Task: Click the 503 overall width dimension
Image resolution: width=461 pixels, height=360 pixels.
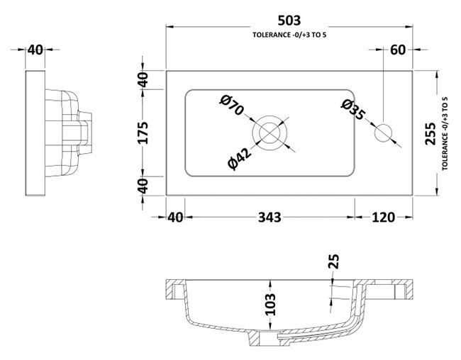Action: point(289,21)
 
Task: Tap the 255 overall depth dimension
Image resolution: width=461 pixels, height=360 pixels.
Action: point(431,134)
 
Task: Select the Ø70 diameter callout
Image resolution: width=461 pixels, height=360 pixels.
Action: point(232,105)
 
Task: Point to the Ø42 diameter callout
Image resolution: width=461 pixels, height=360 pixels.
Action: point(240,159)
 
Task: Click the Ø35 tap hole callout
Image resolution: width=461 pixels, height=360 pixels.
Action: point(353,110)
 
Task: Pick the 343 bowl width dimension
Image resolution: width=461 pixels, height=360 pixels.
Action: point(270,218)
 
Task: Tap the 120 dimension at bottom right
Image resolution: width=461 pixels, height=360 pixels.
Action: point(384,218)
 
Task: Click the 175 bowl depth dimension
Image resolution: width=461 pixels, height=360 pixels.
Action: point(143,133)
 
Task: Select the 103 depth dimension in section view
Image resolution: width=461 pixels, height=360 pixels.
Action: point(270,305)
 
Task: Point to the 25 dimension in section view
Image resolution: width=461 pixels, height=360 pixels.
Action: point(334,261)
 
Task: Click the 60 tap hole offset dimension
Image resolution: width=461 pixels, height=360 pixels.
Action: point(398,50)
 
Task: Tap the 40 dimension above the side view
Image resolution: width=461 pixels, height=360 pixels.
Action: point(35,50)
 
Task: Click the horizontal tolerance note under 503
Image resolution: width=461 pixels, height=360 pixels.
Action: point(289,35)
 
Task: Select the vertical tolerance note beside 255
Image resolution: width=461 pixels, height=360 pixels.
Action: point(445,134)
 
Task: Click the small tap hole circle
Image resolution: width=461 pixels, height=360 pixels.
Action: point(383,133)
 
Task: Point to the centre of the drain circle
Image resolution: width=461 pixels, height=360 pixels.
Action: point(270,133)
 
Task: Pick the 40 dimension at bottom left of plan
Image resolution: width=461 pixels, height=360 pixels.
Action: point(175,218)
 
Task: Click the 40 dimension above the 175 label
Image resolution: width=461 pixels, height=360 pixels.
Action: point(143,80)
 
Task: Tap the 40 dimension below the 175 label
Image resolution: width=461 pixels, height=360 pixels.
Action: point(143,186)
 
